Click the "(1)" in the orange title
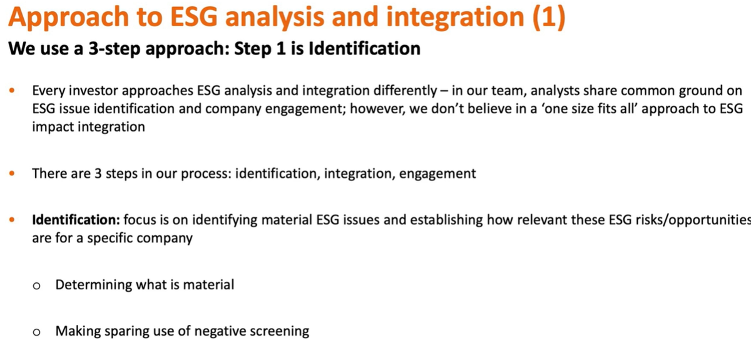pos(549,17)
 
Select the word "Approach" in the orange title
pos(69,18)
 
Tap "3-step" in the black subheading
pos(115,49)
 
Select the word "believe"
pos(489,109)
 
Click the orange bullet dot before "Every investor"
pos(12,90)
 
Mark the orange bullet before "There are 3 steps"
pos(12,173)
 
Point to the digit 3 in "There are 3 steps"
pos(98,174)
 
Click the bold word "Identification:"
pos(76,220)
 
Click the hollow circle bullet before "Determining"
pos(36,286)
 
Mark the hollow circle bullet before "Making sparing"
pos(36,332)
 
